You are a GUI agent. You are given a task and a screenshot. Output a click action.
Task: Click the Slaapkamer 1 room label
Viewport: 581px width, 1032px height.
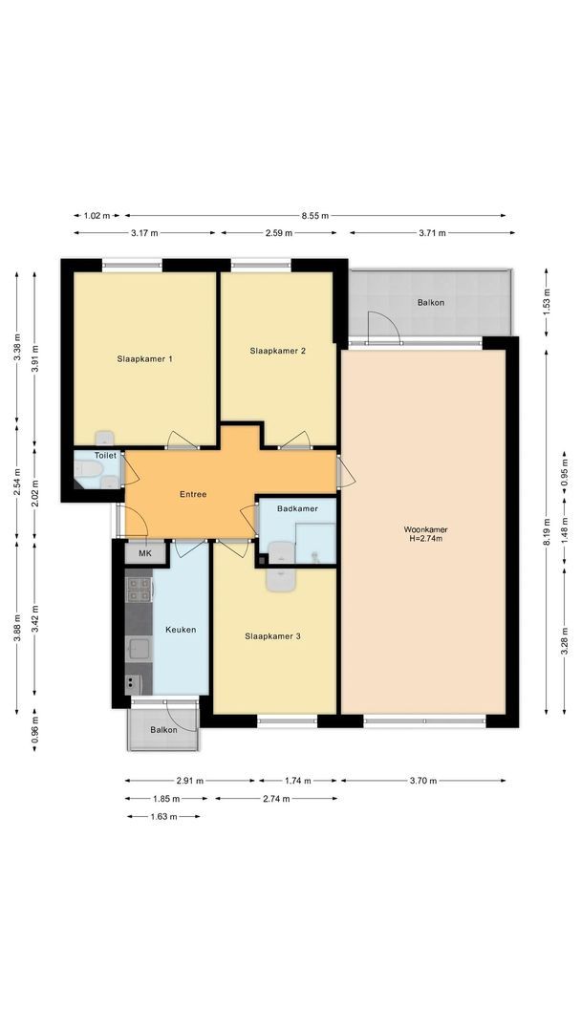coord(144,359)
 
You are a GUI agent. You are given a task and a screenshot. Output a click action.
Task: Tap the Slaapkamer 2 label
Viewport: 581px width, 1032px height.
coord(277,351)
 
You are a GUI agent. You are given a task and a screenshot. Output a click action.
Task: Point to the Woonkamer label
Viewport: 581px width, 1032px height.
coord(426,528)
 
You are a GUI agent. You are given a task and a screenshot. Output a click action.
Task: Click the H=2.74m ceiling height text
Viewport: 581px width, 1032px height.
coord(426,539)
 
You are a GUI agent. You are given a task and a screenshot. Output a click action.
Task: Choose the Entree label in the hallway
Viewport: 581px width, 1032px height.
coord(193,494)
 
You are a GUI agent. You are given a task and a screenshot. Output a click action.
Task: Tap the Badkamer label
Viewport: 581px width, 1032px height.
coord(297,508)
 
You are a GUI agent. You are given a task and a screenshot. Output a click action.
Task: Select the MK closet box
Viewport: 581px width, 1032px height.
coord(145,553)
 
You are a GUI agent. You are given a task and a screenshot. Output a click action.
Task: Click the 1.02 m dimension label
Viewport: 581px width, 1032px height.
coord(97,216)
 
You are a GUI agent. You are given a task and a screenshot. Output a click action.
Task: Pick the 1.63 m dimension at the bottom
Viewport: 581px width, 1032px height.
coord(162,816)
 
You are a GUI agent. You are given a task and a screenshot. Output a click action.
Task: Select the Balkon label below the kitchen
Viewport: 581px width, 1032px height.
coord(163,730)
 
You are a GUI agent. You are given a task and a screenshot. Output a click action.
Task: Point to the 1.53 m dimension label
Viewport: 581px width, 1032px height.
coord(547,302)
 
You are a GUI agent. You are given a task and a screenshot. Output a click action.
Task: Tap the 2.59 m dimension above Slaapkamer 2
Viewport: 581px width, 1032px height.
coord(284,232)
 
